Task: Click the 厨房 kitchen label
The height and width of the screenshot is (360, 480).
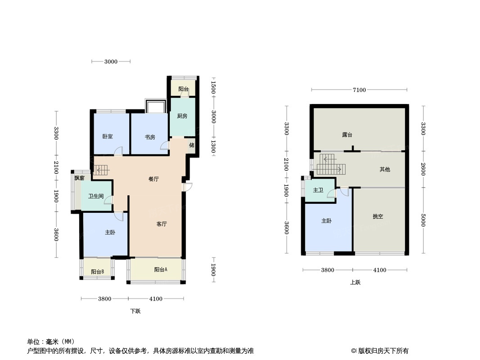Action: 182,116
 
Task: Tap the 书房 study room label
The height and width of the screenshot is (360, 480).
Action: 150,137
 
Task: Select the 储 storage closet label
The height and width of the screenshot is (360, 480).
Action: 192,145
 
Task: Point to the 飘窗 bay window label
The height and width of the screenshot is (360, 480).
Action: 79,178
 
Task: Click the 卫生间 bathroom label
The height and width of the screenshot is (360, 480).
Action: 96,196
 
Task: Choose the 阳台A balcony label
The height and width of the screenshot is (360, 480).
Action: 160,270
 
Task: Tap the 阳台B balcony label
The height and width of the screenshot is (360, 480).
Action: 98,272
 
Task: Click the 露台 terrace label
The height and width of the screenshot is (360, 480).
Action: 347,135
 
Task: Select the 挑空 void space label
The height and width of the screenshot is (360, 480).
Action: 378,216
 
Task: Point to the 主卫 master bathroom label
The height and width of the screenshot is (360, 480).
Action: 318,190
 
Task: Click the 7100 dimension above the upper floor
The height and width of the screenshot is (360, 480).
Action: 359,90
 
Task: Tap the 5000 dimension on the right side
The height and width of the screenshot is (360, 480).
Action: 423,220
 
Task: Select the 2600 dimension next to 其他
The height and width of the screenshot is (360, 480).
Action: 423,169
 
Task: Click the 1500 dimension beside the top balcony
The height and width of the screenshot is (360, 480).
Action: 213,87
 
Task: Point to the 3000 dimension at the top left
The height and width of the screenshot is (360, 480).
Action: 111,62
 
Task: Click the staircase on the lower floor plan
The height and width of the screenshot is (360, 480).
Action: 101,170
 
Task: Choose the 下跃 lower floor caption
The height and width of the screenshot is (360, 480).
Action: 135,311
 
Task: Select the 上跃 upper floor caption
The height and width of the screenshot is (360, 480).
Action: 355,282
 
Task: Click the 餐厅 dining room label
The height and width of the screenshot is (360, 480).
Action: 154,179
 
